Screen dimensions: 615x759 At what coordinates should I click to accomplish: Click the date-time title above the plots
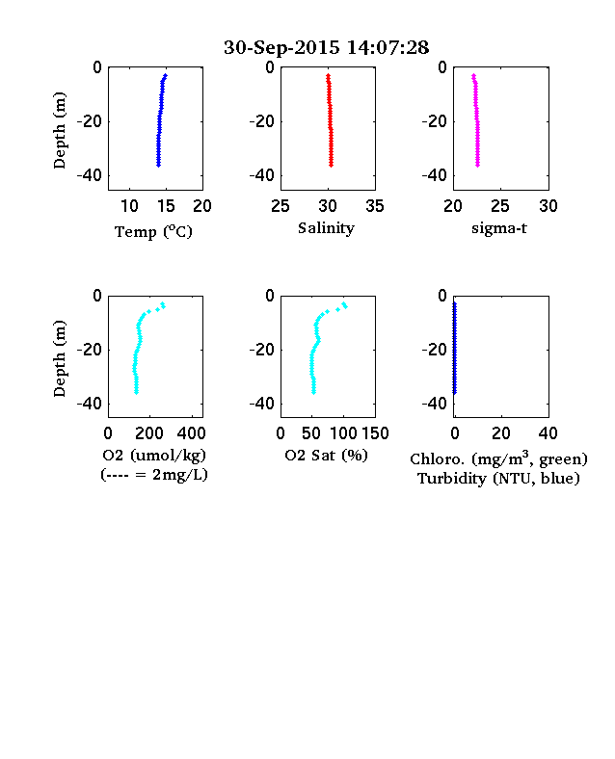(x=326, y=47)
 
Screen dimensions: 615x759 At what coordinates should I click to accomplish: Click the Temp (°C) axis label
(x=153, y=232)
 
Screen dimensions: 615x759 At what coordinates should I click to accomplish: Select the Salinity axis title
(x=326, y=228)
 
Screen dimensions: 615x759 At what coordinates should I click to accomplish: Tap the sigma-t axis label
(x=499, y=228)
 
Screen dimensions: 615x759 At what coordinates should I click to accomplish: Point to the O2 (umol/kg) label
(x=154, y=456)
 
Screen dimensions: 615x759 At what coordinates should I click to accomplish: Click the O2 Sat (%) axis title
(x=326, y=455)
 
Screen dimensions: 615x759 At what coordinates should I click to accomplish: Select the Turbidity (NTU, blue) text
(x=498, y=479)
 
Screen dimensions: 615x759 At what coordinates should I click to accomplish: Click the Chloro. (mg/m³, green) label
(x=498, y=458)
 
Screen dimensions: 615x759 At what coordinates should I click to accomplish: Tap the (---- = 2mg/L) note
(x=154, y=474)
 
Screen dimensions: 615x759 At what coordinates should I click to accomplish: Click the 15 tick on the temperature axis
(x=166, y=206)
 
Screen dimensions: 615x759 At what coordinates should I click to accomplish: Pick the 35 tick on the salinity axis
(x=375, y=206)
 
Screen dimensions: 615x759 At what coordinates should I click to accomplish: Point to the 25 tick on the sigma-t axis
(x=499, y=206)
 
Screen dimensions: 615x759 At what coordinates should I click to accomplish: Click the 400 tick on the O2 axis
(x=191, y=433)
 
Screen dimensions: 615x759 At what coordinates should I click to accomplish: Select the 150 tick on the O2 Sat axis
(x=375, y=433)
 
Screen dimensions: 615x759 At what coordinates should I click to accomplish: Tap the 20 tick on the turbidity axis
(x=500, y=433)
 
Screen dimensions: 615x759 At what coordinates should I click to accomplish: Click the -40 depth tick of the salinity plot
(x=262, y=175)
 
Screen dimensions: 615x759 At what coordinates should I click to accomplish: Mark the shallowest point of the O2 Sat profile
(x=344, y=304)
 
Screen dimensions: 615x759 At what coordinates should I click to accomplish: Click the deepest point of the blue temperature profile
(x=158, y=165)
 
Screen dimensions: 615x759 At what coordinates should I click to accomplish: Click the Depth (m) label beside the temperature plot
(x=59, y=130)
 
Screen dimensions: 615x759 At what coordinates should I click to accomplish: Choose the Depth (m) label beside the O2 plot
(x=59, y=358)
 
